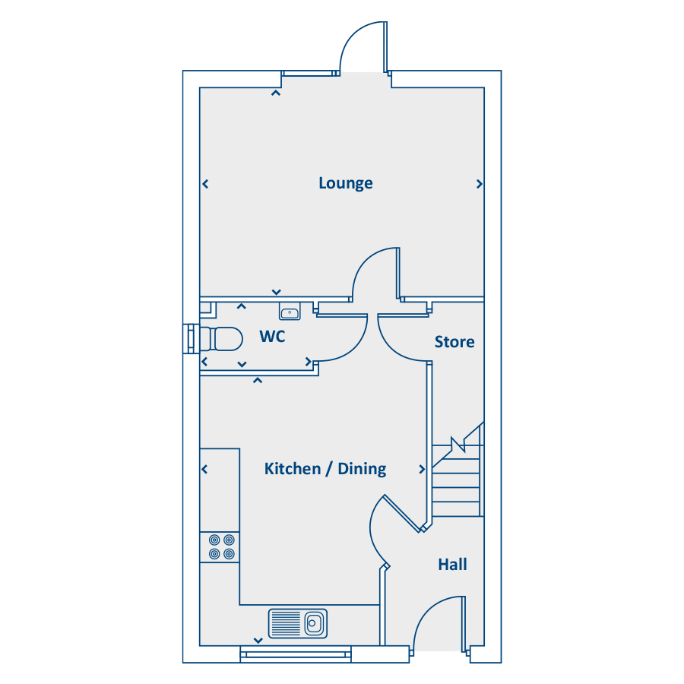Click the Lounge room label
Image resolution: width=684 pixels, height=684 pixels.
click(x=346, y=183)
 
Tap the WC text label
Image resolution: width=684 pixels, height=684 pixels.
click(x=272, y=337)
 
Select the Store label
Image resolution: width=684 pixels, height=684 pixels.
click(x=454, y=341)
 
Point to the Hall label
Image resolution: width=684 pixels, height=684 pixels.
click(x=452, y=565)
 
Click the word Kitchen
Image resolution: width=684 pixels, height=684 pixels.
click(x=293, y=469)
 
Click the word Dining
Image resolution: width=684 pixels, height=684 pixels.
click(x=362, y=470)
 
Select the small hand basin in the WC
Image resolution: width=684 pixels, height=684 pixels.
click(x=290, y=311)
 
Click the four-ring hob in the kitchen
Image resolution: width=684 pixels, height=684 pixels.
click(x=221, y=547)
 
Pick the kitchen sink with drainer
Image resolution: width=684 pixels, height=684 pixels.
click(x=297, y=623)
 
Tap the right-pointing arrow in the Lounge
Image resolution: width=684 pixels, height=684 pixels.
click(x=480, y=184)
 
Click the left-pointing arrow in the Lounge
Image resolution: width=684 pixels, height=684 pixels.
click(x=205, y=184)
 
